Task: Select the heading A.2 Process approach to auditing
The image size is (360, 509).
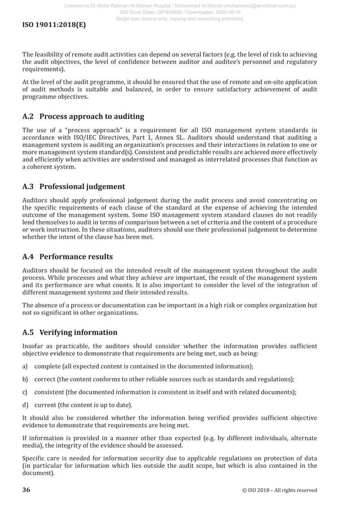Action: coord(83,117)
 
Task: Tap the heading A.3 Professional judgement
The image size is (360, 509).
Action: coord(73,187)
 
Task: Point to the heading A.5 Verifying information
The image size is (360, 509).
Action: coord(69,332)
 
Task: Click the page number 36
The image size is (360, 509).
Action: coord(26,490)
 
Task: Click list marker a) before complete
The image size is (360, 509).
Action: coord(25,367)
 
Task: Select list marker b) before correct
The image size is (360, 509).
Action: coord(25,379)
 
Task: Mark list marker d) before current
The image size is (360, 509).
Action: coord(25,405)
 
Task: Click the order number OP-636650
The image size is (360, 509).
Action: coord(175,12)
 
